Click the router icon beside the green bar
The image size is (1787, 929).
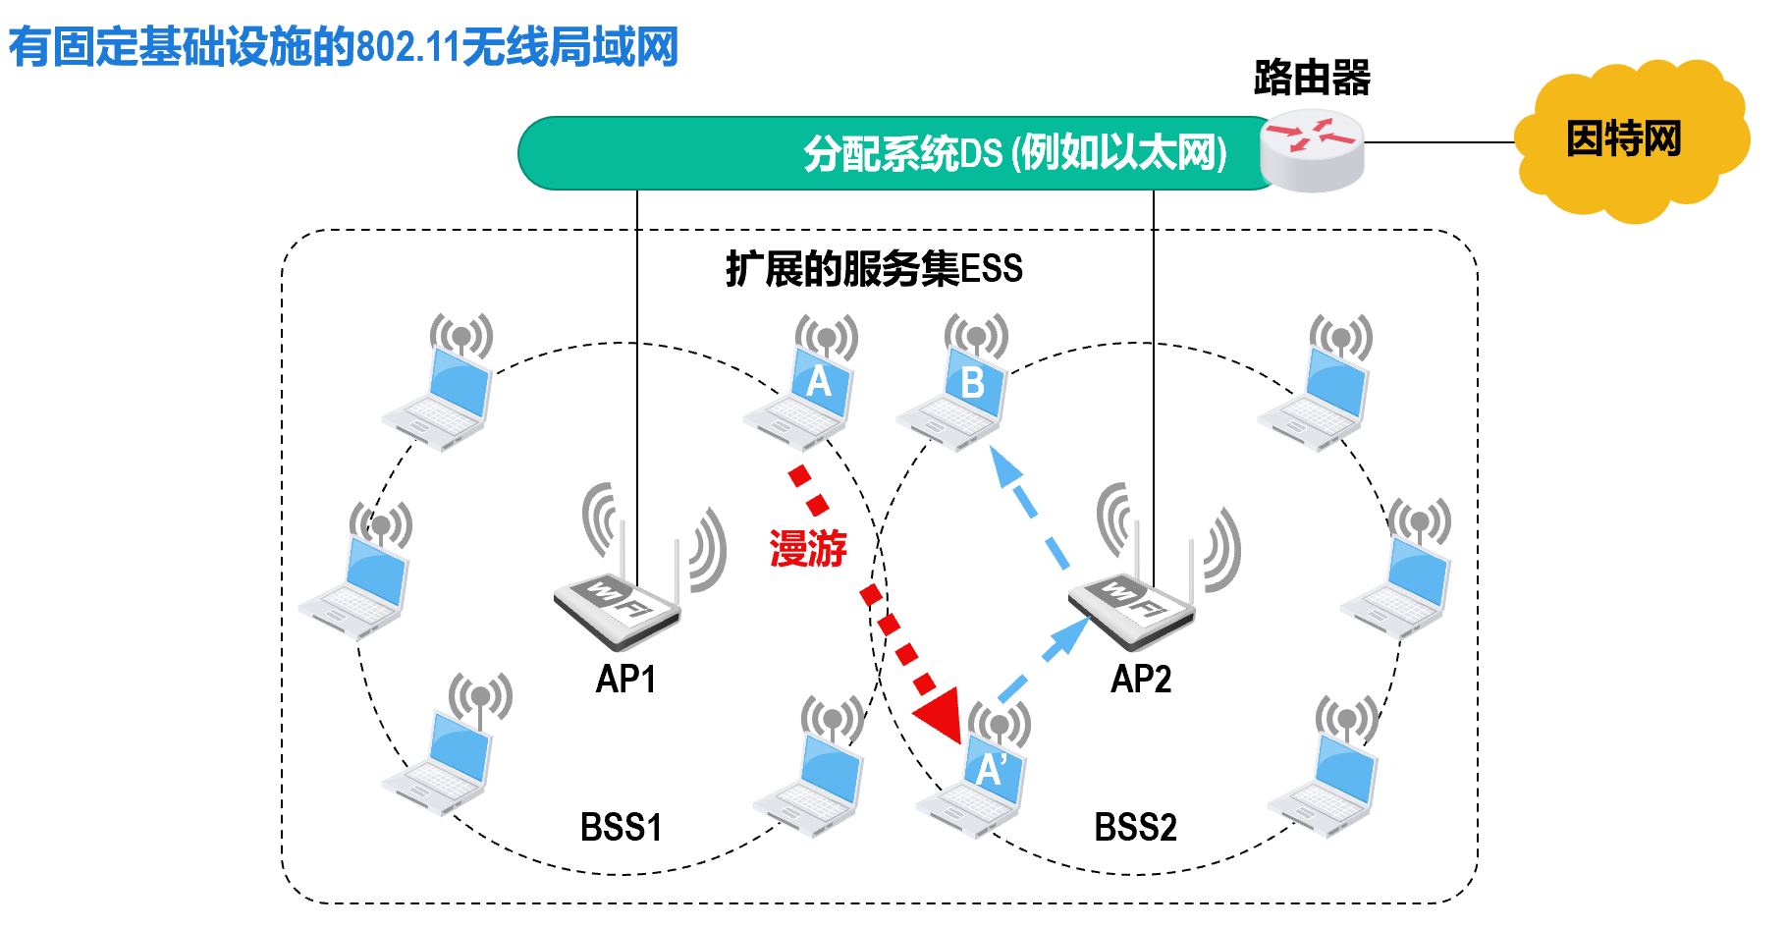point(1313,150)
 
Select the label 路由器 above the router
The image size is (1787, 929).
point(1312,78)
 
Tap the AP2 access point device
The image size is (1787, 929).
point(1133,604)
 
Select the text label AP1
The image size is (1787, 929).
point(625,680)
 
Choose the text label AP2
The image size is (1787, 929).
point(1141,680)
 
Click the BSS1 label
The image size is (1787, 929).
point(621,828)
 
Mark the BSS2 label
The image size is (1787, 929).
point(1135,828)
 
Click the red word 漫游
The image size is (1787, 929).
point(808,549)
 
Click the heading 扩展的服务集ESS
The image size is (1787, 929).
point(874,269)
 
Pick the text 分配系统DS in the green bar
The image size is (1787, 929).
point(902,154)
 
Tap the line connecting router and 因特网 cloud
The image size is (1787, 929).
point(1439,142)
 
